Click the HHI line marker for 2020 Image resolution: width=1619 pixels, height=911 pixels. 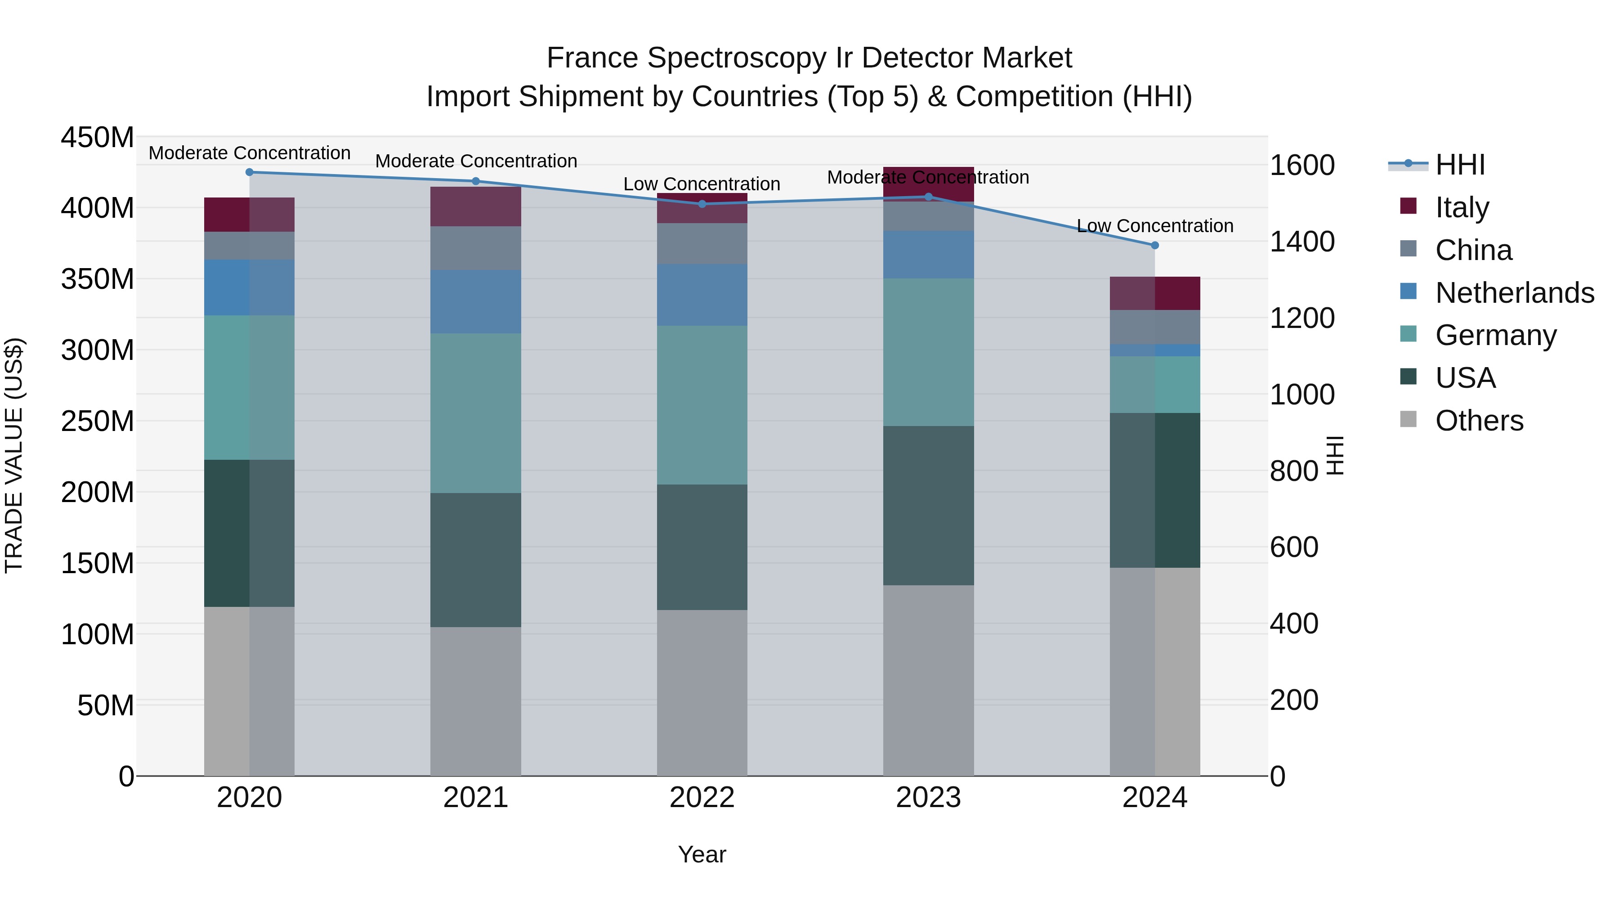250,172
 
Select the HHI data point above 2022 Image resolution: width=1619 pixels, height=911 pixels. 702,204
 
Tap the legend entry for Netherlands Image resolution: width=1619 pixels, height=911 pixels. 1514,293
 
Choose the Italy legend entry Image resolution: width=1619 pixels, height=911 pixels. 1462,207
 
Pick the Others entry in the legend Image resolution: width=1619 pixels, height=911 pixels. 1479,421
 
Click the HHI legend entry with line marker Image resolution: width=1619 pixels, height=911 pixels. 1460,165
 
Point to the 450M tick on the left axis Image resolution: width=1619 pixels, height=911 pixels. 98,137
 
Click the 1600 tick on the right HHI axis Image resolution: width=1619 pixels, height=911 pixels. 1302,166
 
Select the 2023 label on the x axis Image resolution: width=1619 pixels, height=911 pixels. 928,798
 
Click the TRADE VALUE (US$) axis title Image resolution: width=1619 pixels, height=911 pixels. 14,455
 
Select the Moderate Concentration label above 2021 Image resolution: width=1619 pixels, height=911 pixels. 476,161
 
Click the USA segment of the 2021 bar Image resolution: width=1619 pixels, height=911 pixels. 476,560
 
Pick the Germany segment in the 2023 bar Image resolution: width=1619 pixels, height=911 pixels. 928,352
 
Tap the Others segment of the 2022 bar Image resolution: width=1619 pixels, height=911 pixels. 702,691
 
